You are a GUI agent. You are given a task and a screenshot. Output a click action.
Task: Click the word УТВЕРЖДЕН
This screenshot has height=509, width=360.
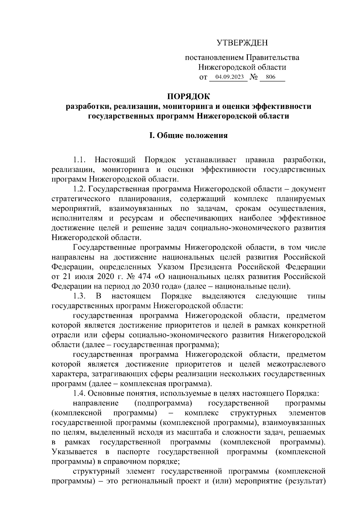(x=242, y=43)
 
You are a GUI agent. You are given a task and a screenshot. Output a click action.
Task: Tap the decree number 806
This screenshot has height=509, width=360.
(x=271, y=77)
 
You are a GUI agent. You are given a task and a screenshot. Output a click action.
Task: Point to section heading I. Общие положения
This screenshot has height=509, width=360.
(x=189, y=136)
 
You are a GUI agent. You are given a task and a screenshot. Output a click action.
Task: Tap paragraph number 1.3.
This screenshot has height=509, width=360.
(x=80, y=296)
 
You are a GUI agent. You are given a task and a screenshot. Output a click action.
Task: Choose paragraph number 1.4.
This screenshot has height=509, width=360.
(x=80, y=393)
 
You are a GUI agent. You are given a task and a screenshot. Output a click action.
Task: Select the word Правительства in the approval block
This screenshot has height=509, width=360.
(x=273, y=57)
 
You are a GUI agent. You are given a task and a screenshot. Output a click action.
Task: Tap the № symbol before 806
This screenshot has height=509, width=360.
(x=253, y=77)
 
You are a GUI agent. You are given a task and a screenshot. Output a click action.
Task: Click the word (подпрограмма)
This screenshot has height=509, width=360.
(x=163, y=403)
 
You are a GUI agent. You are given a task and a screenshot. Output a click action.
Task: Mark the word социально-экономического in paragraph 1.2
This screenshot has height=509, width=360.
(x=231, y=228)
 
